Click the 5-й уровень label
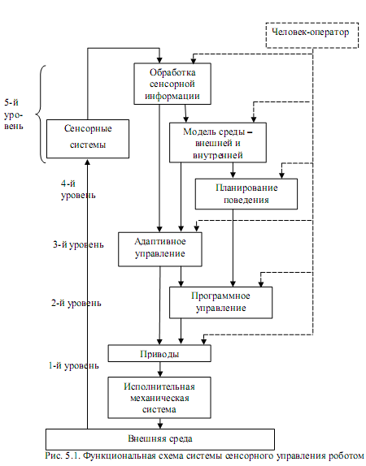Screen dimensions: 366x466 [x=13, y=114]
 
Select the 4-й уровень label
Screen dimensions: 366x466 [x=78, y=189]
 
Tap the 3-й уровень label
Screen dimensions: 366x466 [x=78, y=244]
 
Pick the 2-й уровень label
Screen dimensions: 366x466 [x=76, y=303]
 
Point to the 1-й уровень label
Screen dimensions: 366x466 [x=73, y=365]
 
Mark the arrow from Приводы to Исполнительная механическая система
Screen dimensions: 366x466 [x=160, y=369]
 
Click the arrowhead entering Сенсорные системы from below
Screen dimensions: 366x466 [x=88, y=162]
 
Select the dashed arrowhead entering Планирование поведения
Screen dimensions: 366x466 [x=281, y=175]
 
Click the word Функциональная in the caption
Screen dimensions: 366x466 [x=115, y=456]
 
